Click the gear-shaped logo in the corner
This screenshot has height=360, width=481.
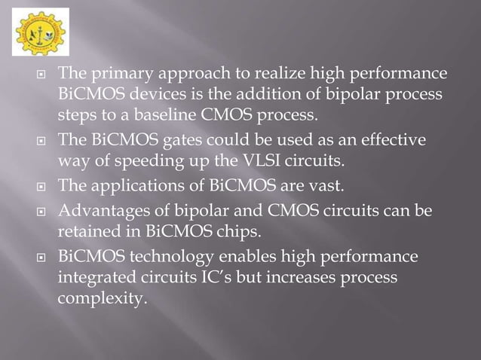click(x=40, y=32)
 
